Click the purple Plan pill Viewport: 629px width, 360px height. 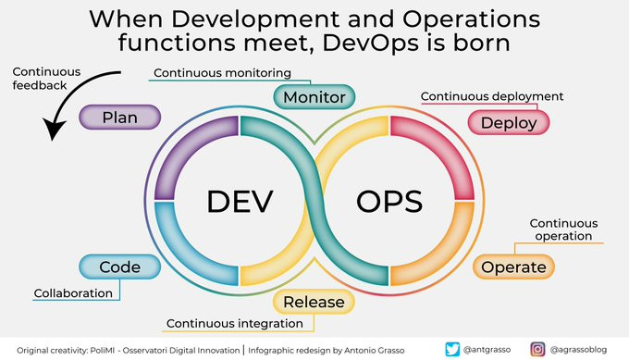pos(120,118)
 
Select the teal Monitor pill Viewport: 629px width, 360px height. pos(314,97)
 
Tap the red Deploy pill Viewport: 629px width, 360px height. pos(509,122)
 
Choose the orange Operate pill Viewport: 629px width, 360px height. pos(513,267)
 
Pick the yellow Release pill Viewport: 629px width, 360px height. pos(314,302)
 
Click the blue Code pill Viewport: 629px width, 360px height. pos(120,267)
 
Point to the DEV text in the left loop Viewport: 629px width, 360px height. pos(240,202)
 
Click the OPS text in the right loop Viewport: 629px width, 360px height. pos(389,202)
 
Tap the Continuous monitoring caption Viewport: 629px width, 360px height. pos(222,73)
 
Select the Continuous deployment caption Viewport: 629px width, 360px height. pos(492,96)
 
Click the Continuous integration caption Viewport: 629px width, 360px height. pos(235,324)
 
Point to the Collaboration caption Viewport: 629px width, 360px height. pos(73,293)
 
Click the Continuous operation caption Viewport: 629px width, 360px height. pos(563,230)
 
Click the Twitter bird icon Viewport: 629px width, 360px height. pos(452,349)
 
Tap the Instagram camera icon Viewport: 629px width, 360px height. pos(537,349)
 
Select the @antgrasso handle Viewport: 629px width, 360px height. pos(487,350)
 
